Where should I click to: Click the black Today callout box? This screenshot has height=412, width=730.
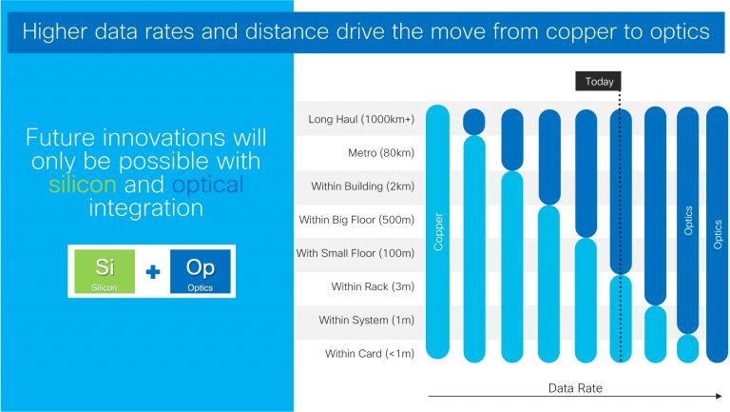click(x=599, y=82)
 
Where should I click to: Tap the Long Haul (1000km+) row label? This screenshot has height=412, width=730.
click(x=361, y=120)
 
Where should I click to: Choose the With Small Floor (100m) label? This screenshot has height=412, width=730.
click(x=355, y=253)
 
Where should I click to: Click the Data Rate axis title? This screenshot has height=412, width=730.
click(x=575, y=388)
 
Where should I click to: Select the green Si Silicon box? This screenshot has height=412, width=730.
click(x=106, y=271)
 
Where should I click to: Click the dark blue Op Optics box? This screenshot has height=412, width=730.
click(x=200, y=271)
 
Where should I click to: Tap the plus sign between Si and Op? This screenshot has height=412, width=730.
click(x=153, y=272)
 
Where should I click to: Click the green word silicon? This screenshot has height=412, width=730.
click(x=84, y=184)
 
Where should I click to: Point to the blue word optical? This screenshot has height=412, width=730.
click(x=208, y=184)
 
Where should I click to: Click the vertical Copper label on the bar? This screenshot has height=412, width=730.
click(x=438, y=231)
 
